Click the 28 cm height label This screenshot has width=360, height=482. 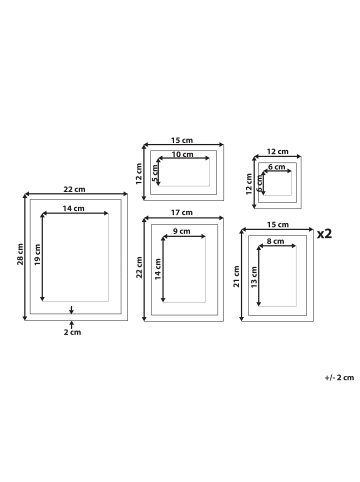[x=20, y=254]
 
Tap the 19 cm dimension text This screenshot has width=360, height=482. [x=37, y=255]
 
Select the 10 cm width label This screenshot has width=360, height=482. [x=182, y=154]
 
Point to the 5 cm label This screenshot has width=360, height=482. [x=155, y=173]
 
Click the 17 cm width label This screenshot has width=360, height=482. [x=182, y=212]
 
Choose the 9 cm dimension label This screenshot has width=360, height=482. [x=182, y=231]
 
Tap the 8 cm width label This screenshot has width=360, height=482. [x=275, y=241]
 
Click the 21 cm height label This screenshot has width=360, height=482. [x=236, y=277]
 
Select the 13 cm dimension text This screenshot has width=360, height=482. [x=254, y=277]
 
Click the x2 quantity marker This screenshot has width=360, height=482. [x=324, y=234]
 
